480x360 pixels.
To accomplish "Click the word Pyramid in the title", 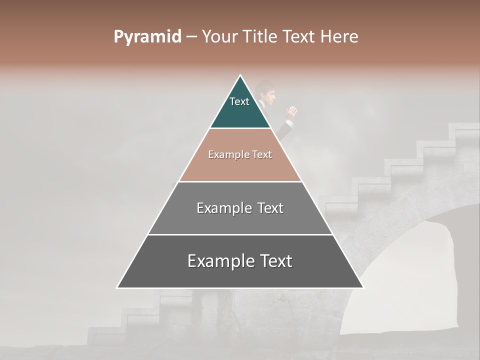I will coord(147,36).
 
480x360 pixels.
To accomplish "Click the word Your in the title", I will coord(219,36).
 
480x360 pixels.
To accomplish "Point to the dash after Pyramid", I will coord(191,37).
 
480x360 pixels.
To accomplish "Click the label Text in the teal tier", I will coord(239,101).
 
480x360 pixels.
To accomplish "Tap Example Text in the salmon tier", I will coord(240,154).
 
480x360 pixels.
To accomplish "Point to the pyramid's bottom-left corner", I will coord(117,287).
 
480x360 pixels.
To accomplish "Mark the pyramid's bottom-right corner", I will coord(363,287).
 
